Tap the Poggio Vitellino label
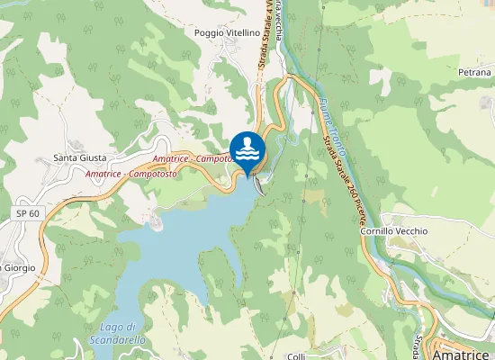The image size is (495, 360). [227, 32]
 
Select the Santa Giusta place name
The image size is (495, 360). [80, 157]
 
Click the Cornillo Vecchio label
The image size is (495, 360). [419, 231]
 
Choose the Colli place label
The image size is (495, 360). [296, 357]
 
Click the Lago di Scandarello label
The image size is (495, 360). [118, 333]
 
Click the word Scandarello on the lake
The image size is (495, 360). [118, 340]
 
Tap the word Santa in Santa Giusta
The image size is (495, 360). [66, 157]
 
